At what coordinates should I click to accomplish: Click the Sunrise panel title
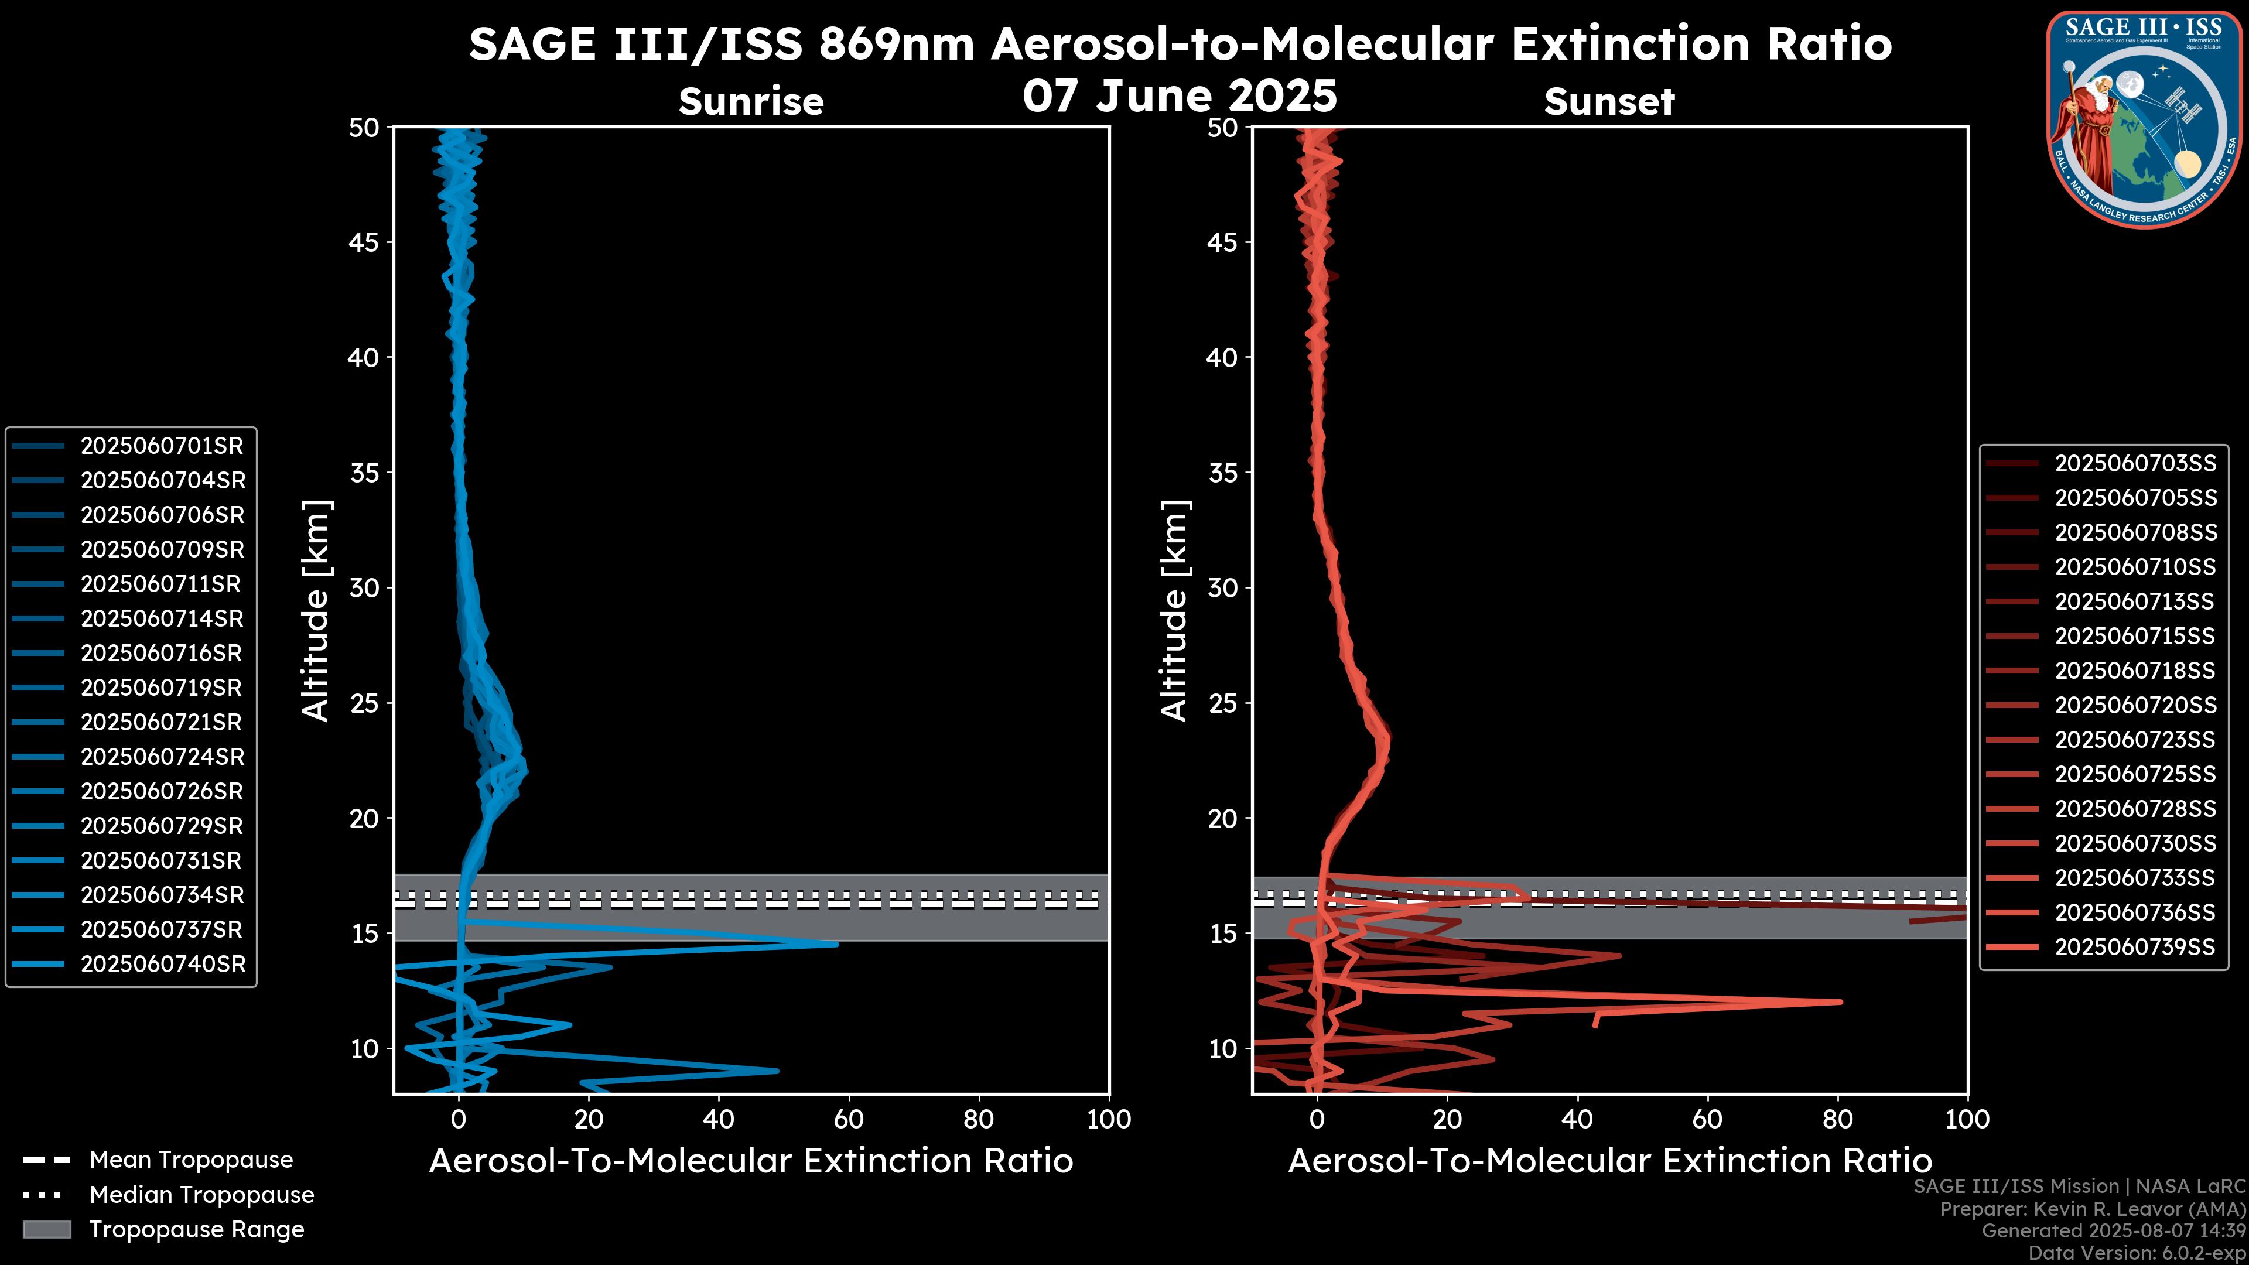751,101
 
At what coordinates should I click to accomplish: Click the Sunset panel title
1608,101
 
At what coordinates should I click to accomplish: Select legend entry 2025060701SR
162,446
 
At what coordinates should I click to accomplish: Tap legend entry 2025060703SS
2135,464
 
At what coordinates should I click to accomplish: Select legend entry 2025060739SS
2135,947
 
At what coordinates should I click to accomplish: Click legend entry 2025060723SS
2135,740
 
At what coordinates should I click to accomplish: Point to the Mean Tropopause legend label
191,1160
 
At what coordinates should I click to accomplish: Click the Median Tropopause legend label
201,1195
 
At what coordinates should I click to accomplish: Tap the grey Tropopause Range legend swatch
47,1229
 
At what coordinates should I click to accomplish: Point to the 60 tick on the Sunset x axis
1707,1119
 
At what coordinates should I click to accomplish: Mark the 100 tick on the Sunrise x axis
1108,1119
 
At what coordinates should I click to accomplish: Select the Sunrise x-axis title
751,1161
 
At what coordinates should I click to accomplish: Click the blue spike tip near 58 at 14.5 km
836,943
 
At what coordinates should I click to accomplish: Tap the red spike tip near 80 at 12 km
1840,1002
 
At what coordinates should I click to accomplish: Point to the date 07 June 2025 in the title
1180,96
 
